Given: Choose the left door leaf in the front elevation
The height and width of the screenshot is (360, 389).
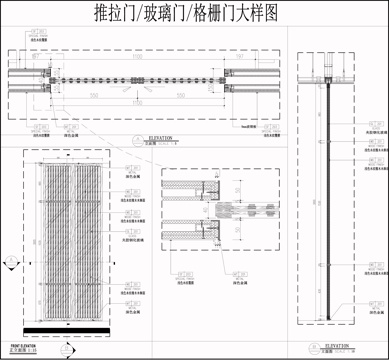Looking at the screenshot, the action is point(56,240).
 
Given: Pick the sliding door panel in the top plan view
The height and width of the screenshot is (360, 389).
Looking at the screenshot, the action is point(140,78).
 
